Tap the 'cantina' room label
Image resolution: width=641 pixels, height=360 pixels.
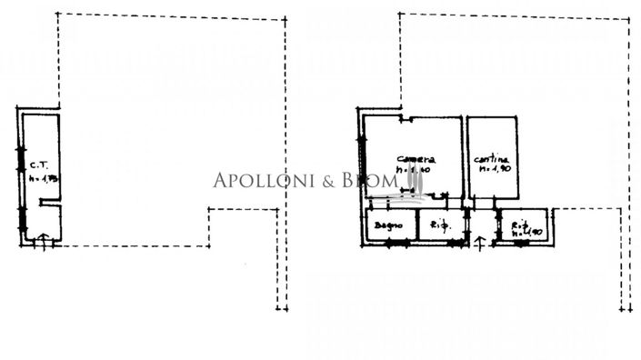pyautogui.click(x=491, y=159)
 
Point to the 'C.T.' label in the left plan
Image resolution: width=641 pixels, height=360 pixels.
pyautogui.click(x=38, y=165)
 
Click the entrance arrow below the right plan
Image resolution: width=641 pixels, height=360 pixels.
pyautogui.click(x=480, y=241)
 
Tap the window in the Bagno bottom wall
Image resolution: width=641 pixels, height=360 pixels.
pyautogui.click(x=388, y=242)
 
